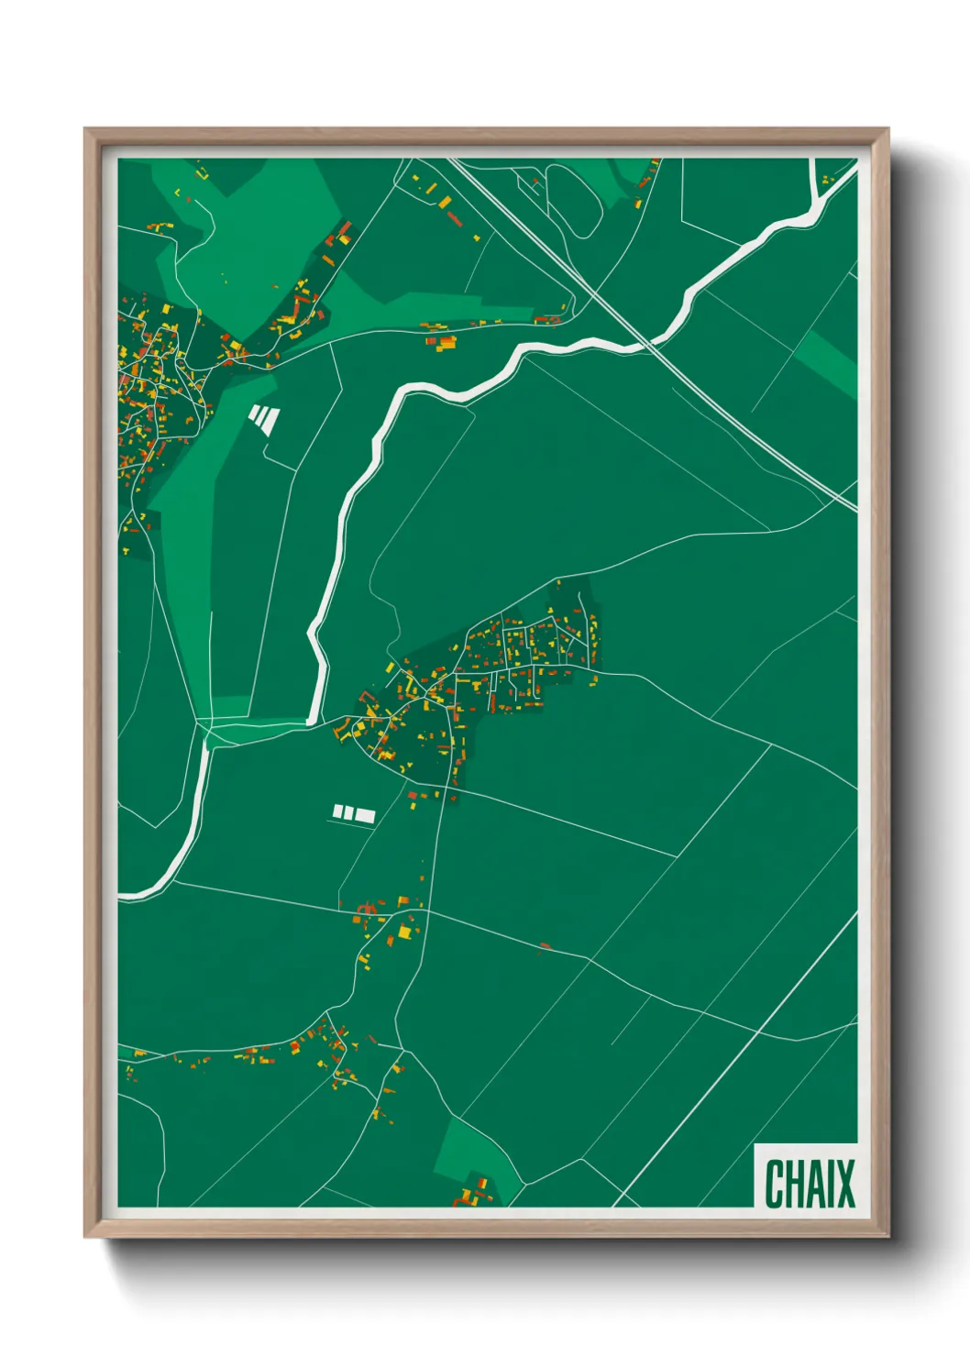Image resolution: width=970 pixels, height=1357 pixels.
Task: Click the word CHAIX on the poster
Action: [809, 1184]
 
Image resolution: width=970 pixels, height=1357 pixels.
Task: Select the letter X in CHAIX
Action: [844, 1184]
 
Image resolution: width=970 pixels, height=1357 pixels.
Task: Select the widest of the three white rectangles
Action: [365, 815]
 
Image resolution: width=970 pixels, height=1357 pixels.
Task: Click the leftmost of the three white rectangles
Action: [337, 811]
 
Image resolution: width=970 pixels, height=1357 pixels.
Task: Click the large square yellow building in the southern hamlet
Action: [404, 932]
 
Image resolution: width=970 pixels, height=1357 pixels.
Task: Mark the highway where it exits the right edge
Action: [853, 506]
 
